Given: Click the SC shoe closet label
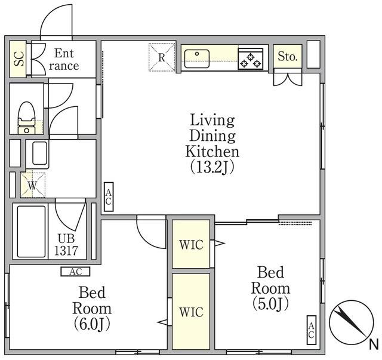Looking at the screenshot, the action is (x=19, y=59).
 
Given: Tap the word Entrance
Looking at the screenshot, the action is (x=64, y=60).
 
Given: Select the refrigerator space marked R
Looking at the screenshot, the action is (x=162, y=57).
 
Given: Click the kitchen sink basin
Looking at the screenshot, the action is (x=196, y=59).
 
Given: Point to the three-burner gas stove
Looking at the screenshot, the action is (x=251, y=59).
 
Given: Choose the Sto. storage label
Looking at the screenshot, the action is (x=288, y=57).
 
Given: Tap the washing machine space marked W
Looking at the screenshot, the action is (x=33, y=185).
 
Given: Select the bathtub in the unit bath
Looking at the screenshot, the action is (x=31, y=232).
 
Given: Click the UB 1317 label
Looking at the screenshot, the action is (x=66, y=245).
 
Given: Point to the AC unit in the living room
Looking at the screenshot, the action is (x=109, y=197).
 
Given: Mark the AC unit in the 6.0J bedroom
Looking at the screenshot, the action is (x=75, y=272).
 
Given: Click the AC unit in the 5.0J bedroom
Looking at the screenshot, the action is (x=311, y=330).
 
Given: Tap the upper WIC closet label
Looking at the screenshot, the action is (x=191, y=245).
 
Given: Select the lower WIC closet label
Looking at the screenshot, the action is (x=191, y=312).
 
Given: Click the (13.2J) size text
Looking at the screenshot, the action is (x=212, y=167).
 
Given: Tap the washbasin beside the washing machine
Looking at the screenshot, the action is (x=40, y=153).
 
